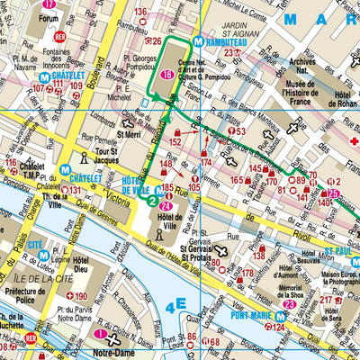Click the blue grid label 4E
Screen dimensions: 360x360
176,304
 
